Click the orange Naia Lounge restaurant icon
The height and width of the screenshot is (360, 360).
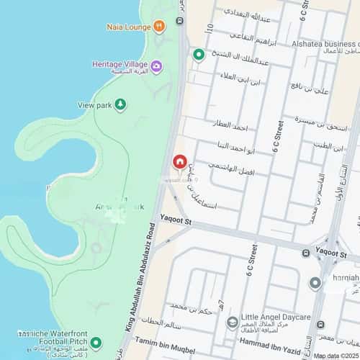click(158, 26)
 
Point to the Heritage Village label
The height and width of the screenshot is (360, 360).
click(120, 63)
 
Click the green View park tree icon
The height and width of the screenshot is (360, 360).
click(121, 105)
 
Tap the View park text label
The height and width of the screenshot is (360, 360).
click(95, 105)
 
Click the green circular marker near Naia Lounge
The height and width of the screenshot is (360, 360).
click(198, 55)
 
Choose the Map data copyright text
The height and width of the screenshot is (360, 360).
click(336, 356)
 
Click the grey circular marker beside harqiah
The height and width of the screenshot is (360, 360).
click(315, 283)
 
